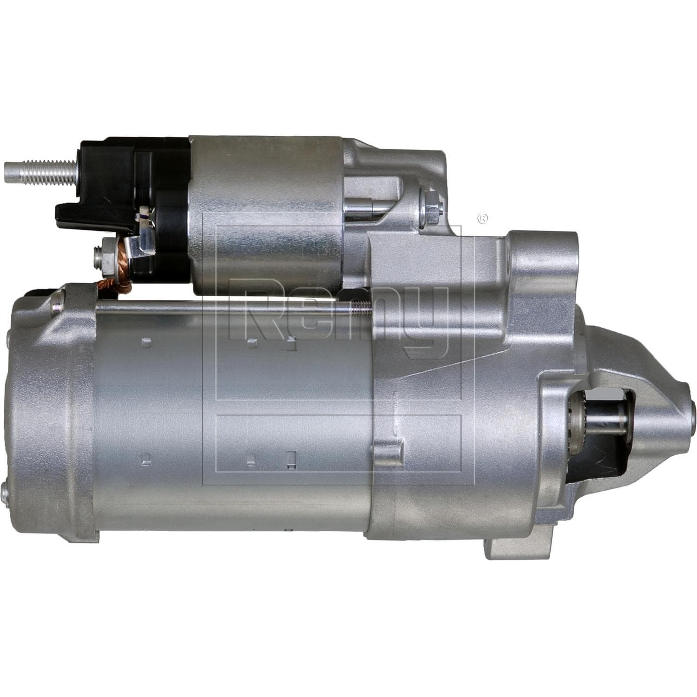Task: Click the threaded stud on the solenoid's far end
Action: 39,172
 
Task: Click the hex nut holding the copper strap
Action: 103,255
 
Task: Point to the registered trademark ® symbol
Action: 483,217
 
